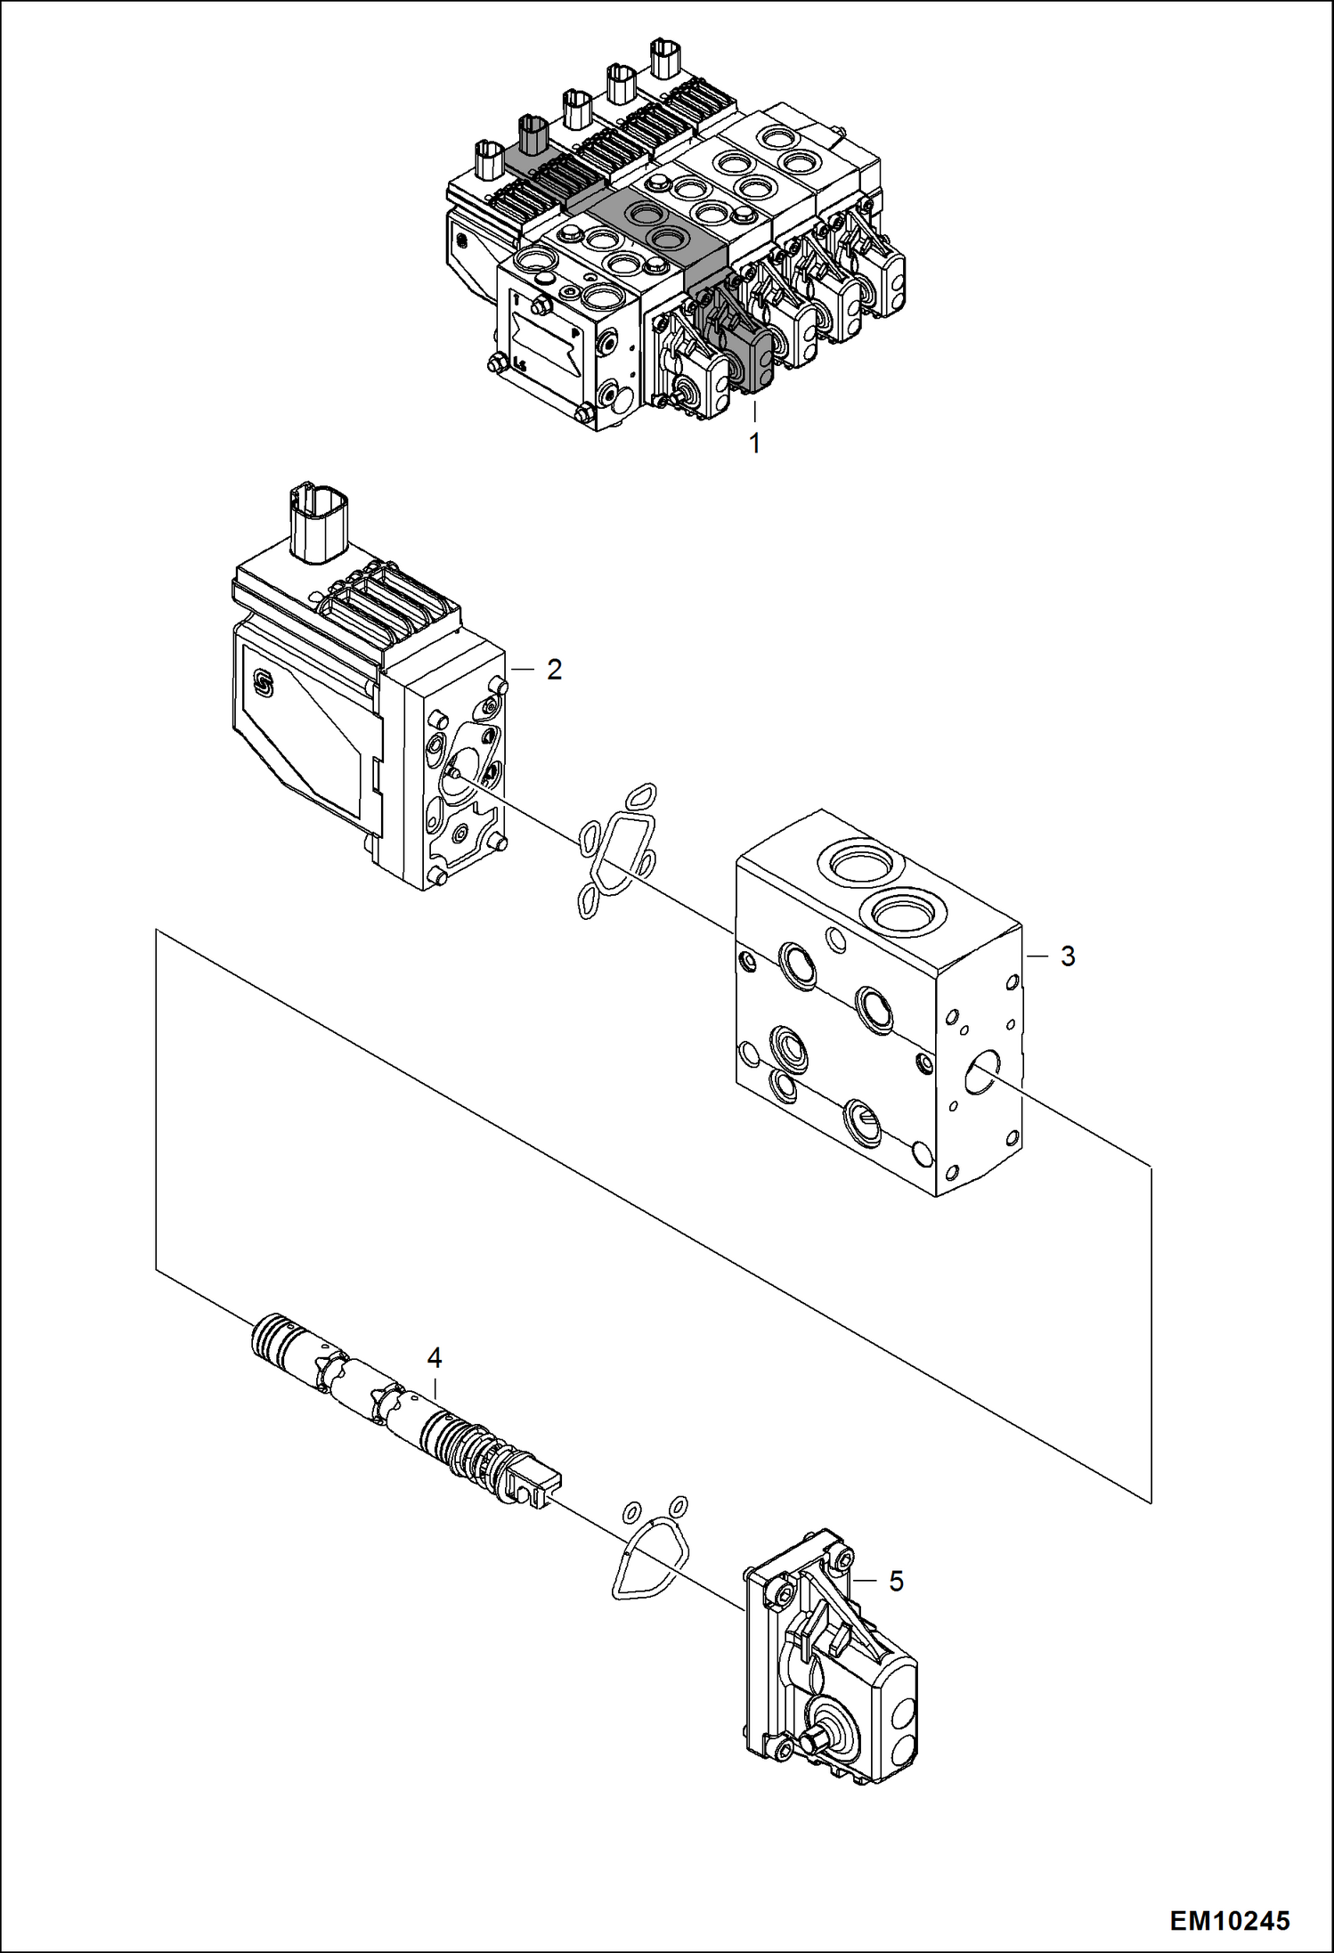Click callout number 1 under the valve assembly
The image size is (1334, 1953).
click(754, 443)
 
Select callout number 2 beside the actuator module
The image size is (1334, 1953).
click(554, 670)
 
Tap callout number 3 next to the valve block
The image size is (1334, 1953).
click(1067, 956)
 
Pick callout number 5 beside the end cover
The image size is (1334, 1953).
click(896, 1582)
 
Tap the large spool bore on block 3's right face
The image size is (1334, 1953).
click(982, 1070)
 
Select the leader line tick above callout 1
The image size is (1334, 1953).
click(754, 411)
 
